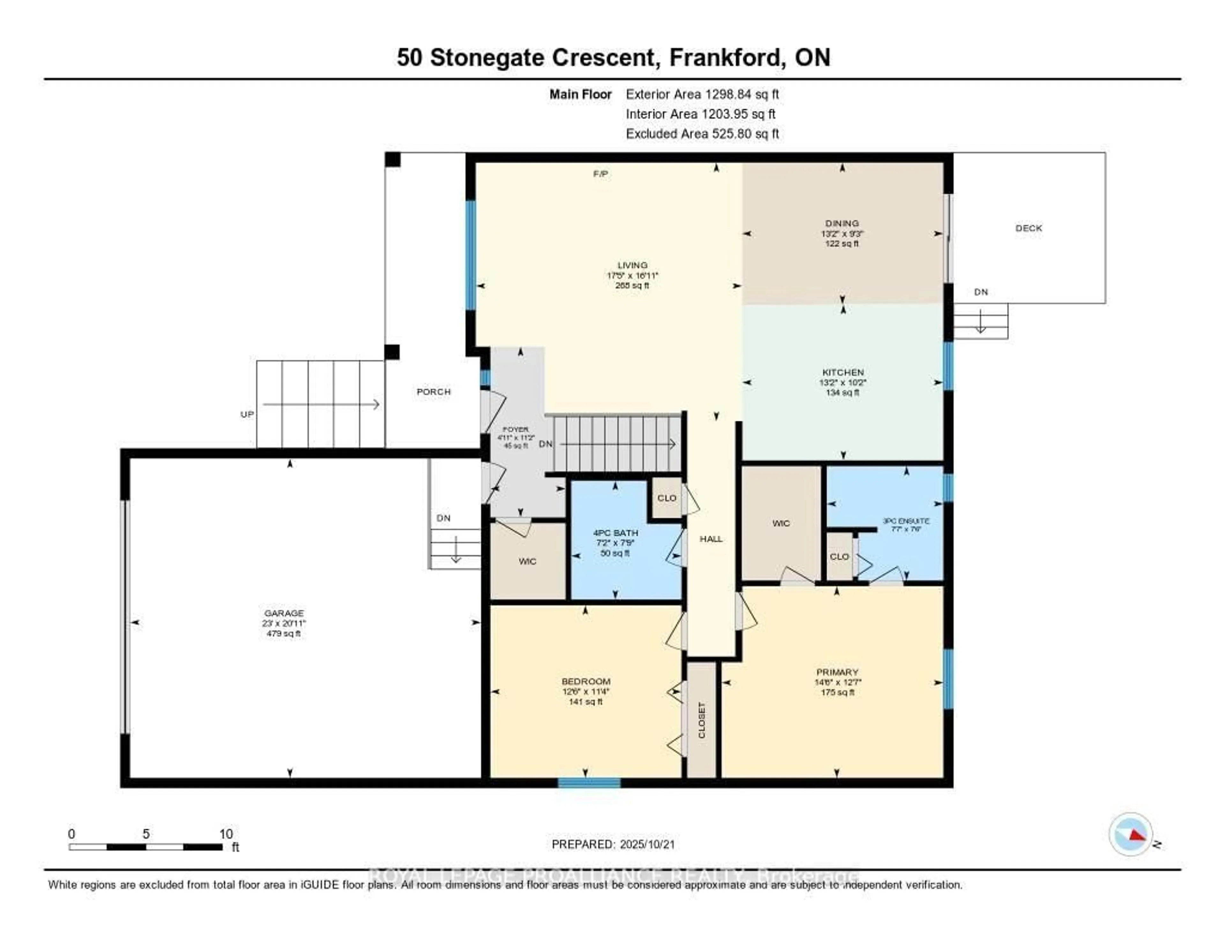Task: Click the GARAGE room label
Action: tap(284, 613)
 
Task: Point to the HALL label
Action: tap(711, 539)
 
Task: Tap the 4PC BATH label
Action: tap(615, 533)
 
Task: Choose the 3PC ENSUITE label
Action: tap(906, 521)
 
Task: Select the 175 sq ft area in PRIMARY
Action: tap(837, 692)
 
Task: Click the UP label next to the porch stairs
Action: tap(247, 414)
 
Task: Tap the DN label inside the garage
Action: tap(443, 518)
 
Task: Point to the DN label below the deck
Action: tap(980, 292)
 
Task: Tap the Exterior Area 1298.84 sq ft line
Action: tap(702, 94)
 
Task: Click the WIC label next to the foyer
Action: tap(527, 561)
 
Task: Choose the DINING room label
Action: tap(841, 223)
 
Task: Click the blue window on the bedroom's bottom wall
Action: tap(589, 783)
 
